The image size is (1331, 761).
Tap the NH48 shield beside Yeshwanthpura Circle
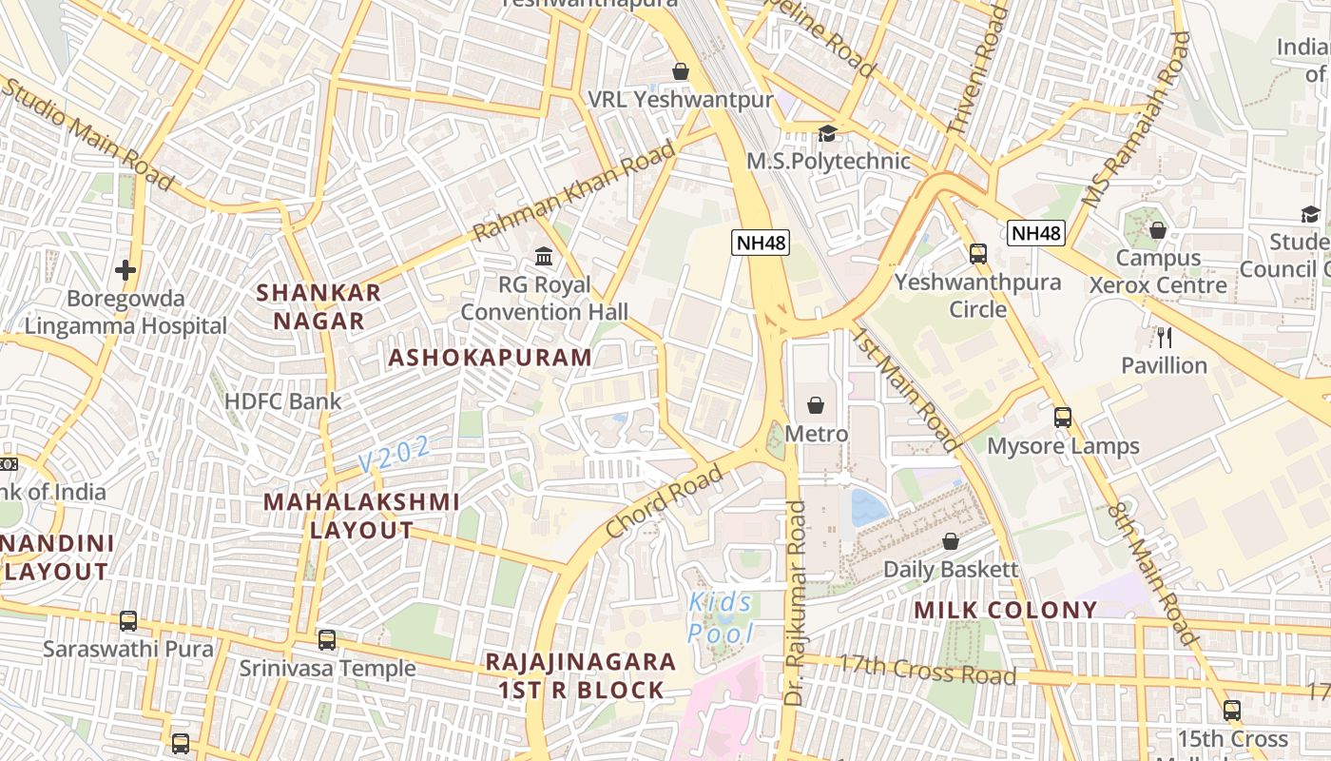click(1036, 233)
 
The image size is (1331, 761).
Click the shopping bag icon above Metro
click(816, 406)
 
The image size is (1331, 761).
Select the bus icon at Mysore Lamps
click(1062, 418)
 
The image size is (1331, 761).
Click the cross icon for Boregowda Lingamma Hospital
click(125, 270)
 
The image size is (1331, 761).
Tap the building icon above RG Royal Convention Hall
click(544, 256)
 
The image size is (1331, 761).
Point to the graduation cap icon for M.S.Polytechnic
click(827, 133)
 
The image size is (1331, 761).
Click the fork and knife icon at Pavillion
click(1164, 337)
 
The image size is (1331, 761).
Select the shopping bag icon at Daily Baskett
click(950, 542)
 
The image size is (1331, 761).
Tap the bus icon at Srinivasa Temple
click(327, 640)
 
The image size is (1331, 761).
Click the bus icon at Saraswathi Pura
click(128, 621)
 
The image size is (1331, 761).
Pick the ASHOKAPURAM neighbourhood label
click(490, 358)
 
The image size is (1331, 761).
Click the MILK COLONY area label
click(1006, 610)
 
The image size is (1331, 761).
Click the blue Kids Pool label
click(721, 618)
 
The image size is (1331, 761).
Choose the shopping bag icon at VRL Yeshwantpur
click(681, 71)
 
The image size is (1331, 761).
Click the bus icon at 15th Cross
click(1232, 711)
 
